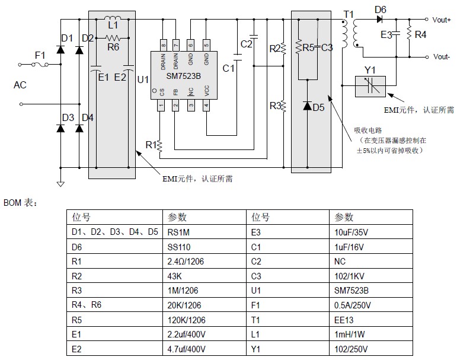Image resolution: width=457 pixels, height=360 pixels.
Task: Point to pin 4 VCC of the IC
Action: (206, 105)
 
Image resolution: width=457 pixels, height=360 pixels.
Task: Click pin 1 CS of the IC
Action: (161, 105)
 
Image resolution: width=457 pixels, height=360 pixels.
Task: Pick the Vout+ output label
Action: (442, 20)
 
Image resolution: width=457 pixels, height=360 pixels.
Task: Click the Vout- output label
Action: (441, 58)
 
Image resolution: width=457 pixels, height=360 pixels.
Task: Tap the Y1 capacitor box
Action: (370, 87)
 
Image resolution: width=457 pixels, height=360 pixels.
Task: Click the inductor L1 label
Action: (113, 25)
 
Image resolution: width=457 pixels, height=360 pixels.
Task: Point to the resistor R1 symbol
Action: (161, 145)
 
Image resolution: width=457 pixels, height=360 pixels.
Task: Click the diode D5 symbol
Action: (307, 107)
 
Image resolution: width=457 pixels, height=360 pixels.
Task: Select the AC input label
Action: (20, 85)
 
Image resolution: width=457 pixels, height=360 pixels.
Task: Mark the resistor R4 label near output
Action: (420, 35)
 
